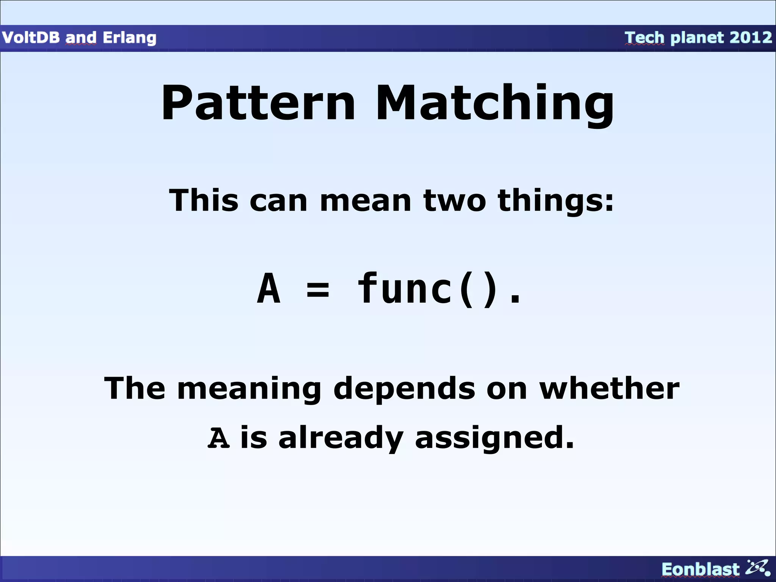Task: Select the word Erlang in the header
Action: pos(129,38)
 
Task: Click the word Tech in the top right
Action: pos(644,38)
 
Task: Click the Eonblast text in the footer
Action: pos(700,569)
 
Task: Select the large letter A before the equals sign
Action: pos(269,289)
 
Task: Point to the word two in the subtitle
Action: pos(454,200)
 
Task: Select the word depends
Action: pos(404,390)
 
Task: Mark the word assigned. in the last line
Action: pos(494,438)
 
